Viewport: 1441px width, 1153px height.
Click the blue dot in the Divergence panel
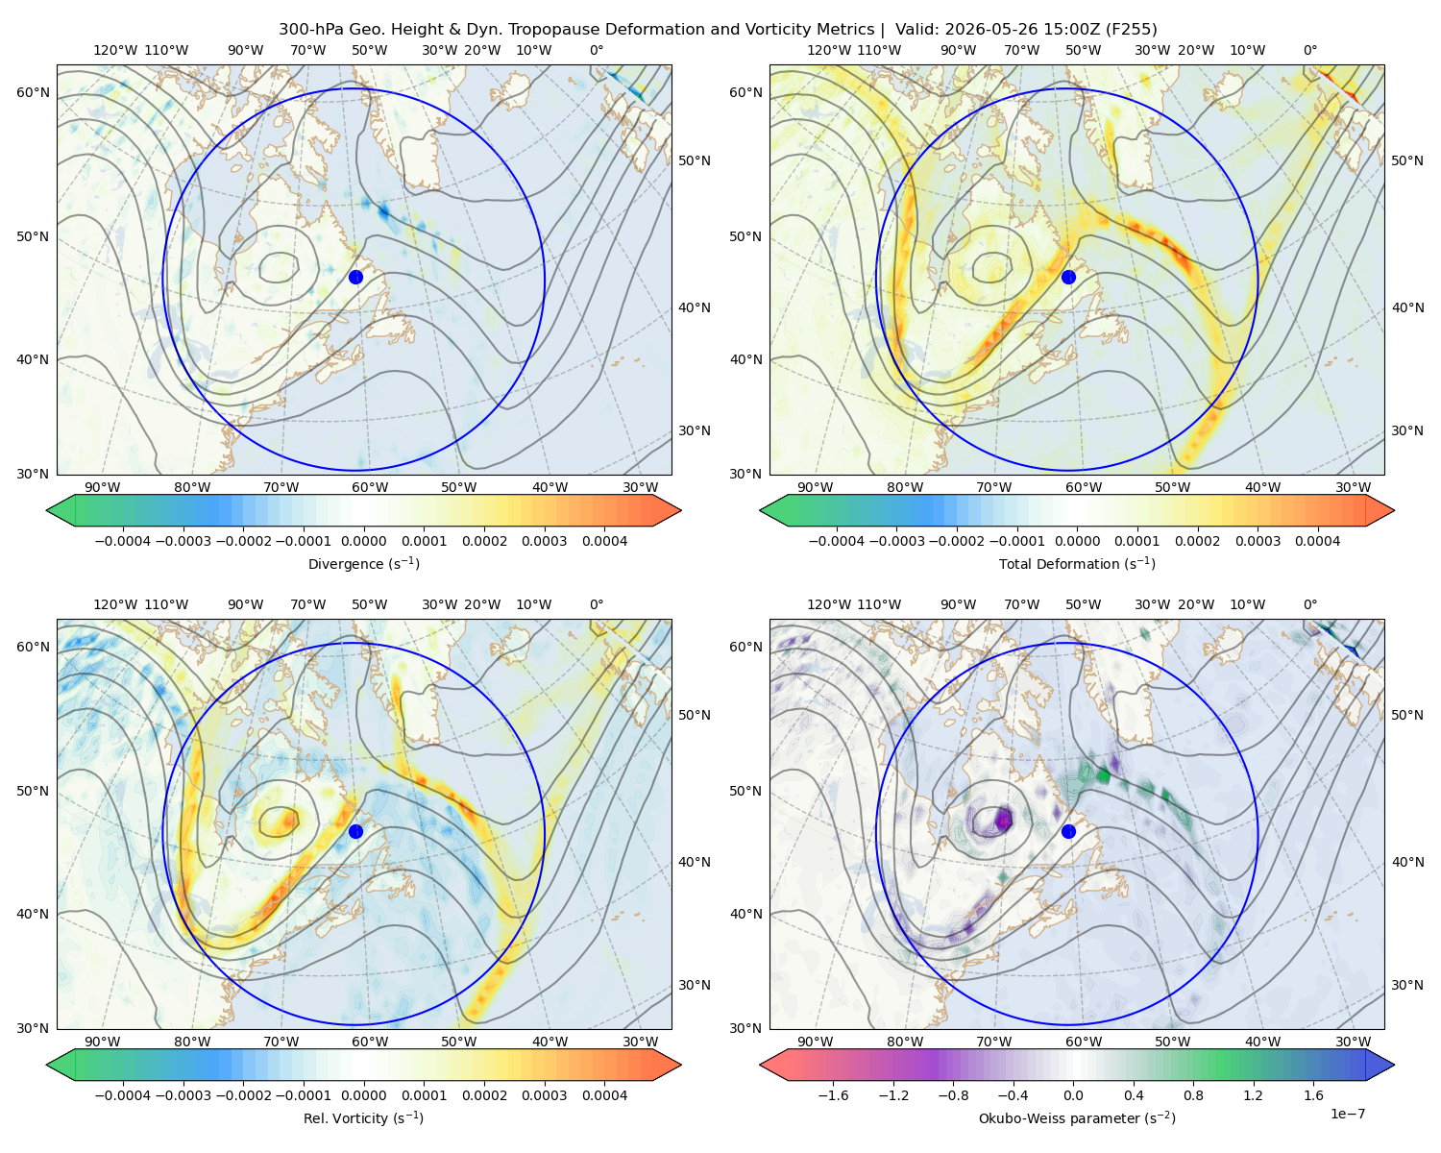tap(355, 278)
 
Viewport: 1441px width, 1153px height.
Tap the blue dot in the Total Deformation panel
tap(1068, 278)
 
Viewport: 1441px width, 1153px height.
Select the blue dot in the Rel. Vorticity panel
tap(355, 831)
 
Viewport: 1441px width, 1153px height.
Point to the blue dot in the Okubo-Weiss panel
tap(1068, 831)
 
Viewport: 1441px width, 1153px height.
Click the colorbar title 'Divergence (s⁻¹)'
tap(363, 563)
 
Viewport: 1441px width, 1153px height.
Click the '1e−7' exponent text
tap(1347, 1114)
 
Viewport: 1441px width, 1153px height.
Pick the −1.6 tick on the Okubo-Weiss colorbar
tap(833, 1095)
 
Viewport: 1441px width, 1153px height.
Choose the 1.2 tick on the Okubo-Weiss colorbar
tap(1253, 1095)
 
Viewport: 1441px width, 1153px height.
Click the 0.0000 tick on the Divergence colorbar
tap(363, 541)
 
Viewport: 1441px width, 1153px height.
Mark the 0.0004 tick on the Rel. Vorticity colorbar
tap(604, 1095)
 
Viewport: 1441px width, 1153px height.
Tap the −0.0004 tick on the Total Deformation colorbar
tap(837, 541)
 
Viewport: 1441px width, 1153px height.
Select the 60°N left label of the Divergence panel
tap(33, 92)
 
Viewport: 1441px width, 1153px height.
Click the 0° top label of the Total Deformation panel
tap(1309, 50)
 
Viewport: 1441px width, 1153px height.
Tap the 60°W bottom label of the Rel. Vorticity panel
tap(370, 1042)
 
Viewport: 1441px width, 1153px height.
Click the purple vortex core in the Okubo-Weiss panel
tap(1003, 819)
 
